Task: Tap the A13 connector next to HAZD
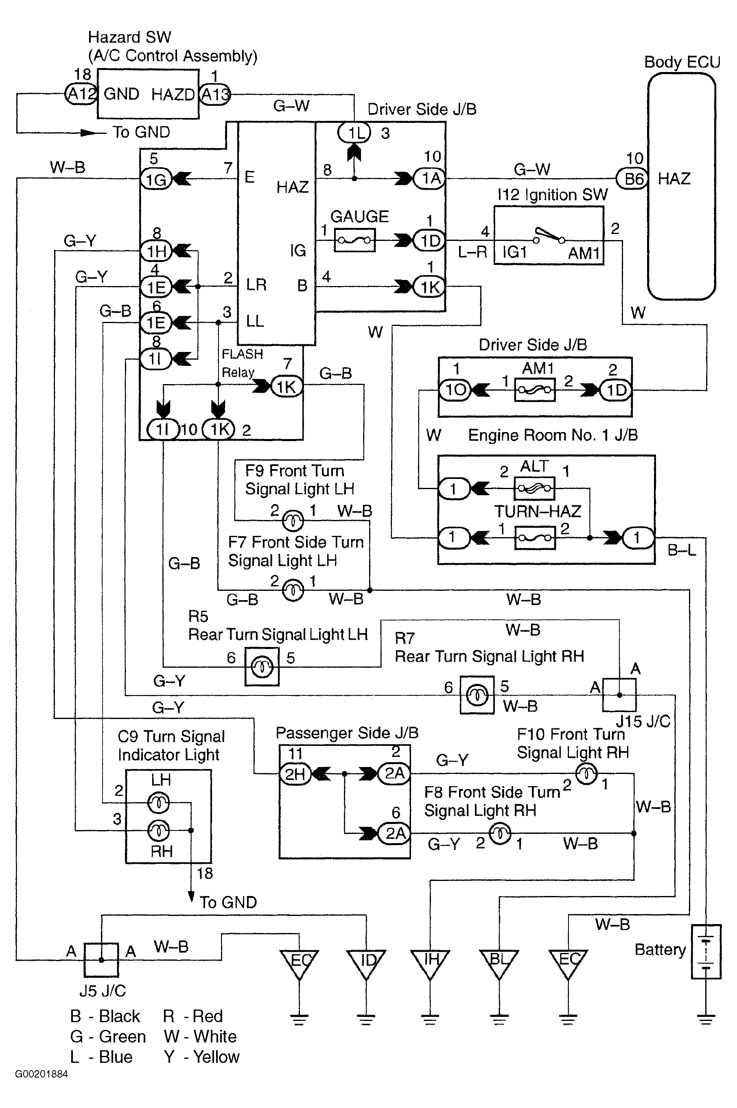click(215, 94)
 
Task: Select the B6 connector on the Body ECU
click(632, 179)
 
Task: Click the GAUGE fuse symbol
click(354, 240)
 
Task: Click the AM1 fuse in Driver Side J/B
click(535, 390)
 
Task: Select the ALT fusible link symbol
click(534, 489)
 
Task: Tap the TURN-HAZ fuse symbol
click(535, 538)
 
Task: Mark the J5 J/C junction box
click(101, 959)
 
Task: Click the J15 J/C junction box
click(619, 695)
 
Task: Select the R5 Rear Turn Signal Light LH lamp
click(262, 666)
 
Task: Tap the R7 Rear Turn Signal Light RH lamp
click(477, 695)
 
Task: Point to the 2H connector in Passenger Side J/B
click(295, 774)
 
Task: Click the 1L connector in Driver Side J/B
click(354, 133)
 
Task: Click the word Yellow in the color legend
click(216, 1057)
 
